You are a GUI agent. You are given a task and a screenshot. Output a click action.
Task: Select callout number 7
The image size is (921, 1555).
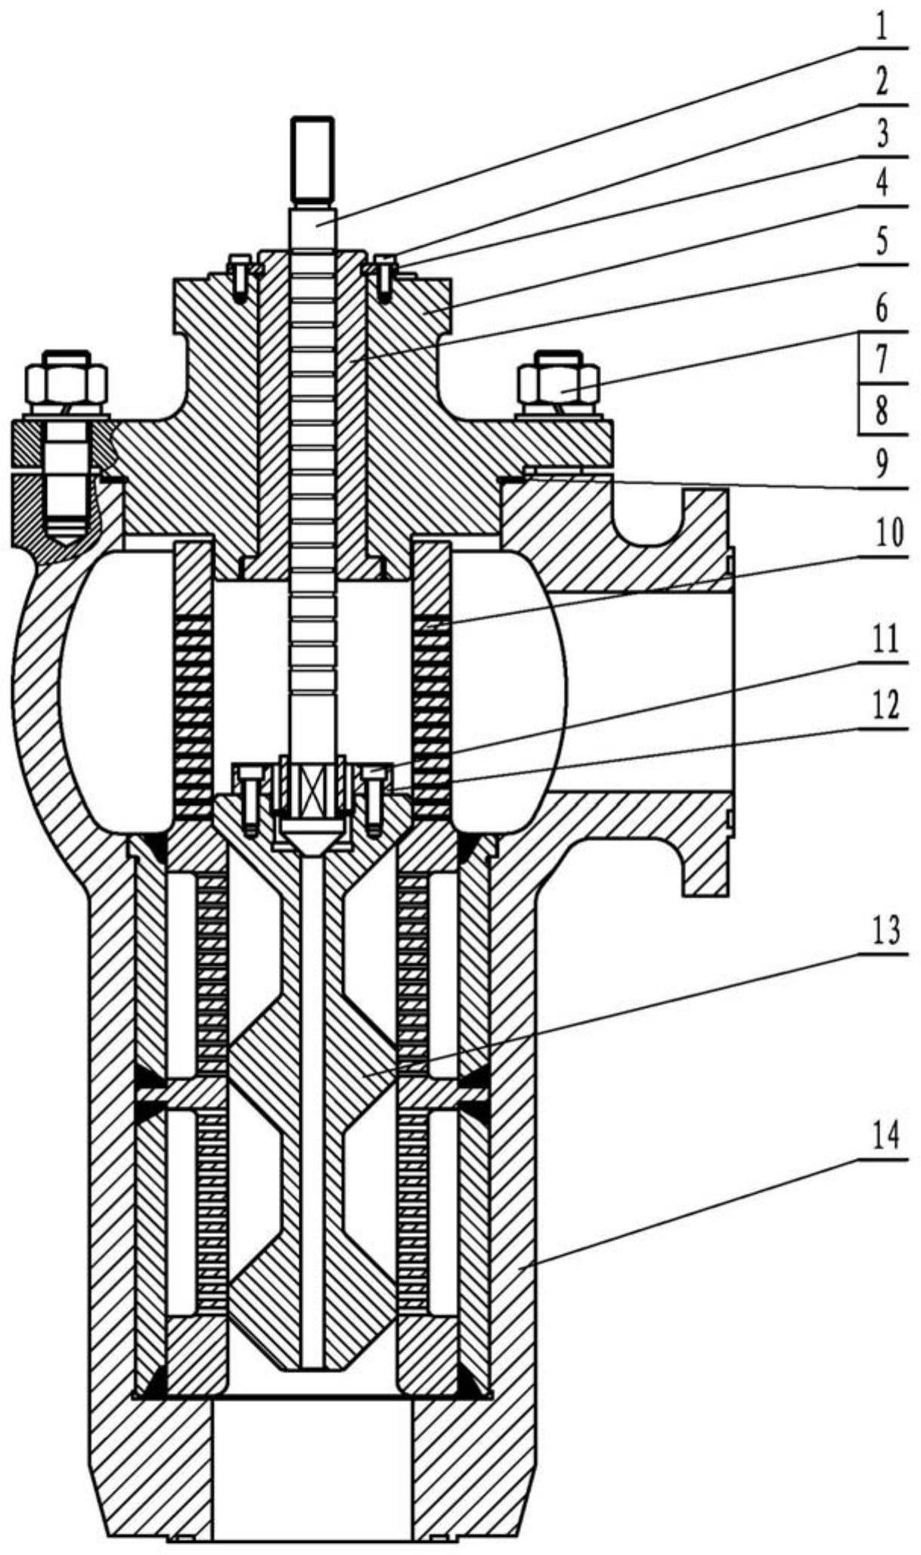(x=881, y=360)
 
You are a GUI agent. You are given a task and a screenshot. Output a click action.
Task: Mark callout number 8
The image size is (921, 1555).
(x=881, y=412)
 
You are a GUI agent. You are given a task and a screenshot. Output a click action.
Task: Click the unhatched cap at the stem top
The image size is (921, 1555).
(x=313, y=162)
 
